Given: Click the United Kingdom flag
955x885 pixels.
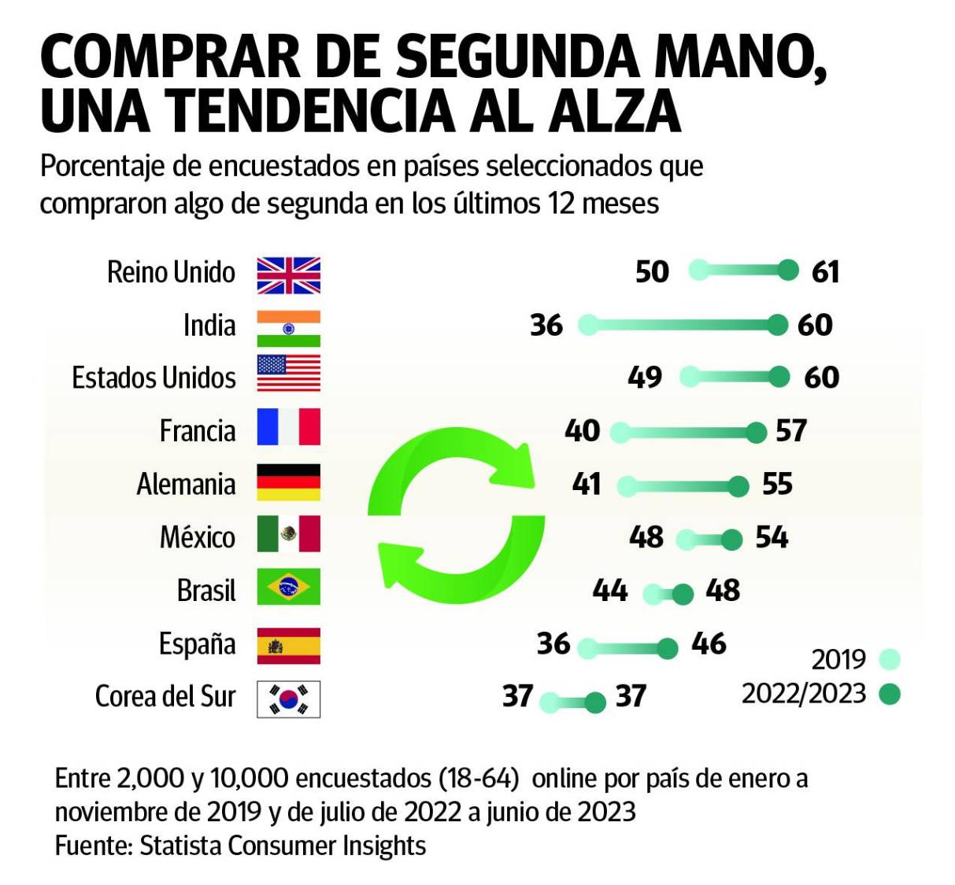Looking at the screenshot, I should (x=288, y=275).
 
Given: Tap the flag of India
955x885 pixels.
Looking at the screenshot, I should (x=288, y=328).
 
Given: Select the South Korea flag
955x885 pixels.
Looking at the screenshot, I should (x=288, y=699).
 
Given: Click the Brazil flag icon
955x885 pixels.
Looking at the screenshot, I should (x=288, y=587).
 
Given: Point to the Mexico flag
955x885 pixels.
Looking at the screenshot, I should (x=288, y=534).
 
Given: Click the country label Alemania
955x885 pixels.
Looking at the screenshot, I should (x=186, y=484).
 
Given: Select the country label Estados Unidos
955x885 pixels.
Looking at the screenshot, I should (x=154, y=378).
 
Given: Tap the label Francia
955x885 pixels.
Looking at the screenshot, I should (x=197, y=431).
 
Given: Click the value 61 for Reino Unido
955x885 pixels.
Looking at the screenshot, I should (x=825, y=272).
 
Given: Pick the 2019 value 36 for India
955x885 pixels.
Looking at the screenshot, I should (x=546, y=325).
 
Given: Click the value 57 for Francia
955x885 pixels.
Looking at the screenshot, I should (x=790, y=431).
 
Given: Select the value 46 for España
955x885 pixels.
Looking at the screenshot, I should (x=709, y=643).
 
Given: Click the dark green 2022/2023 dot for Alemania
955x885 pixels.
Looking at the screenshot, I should (x=738, y=487).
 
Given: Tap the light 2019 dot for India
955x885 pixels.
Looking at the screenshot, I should (x=587, y=325).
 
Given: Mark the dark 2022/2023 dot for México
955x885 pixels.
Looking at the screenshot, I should (x=731, y=540).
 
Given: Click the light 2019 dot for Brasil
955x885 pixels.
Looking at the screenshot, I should (x=653, y=594).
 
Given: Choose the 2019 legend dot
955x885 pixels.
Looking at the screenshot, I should (x=890, y=659).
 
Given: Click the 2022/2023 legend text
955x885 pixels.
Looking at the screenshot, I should (x=803, y=694).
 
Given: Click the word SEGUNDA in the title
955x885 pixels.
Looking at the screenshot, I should (x=516, y=57).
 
